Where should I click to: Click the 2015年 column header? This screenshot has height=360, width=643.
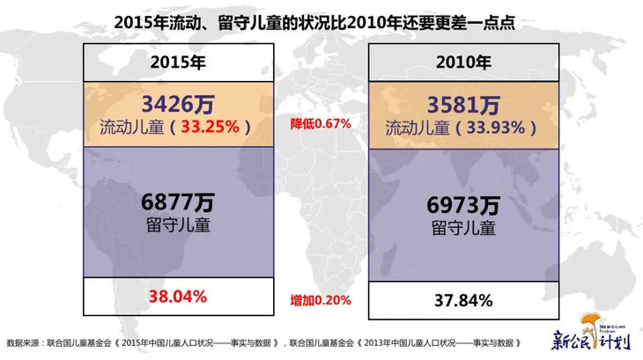[179, 62]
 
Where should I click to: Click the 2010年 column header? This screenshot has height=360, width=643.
[464, 62]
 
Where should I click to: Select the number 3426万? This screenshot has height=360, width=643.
[179, 105]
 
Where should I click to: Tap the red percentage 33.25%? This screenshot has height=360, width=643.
[210, 126]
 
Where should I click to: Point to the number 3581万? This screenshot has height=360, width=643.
[464, 105]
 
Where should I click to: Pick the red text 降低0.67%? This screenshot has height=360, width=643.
[321, 124]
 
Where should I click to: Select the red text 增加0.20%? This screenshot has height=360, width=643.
[321, 300]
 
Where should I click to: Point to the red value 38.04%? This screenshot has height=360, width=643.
[179, 297]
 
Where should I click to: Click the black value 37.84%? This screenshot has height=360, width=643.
[464, 300]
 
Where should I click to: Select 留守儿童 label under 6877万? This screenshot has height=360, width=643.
[179, 224]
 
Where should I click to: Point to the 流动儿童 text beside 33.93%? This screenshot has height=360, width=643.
[420, 127]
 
